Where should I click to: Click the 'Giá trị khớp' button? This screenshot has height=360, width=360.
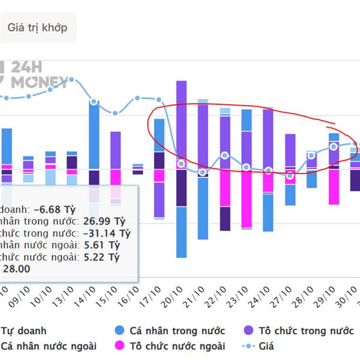[x=37, y=28]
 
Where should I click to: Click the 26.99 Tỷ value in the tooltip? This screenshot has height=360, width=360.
[x=104, y=221]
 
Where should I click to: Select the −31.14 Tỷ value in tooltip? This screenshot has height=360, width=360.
[x=107, y=233]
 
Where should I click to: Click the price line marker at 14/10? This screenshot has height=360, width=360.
[x=94, y=102]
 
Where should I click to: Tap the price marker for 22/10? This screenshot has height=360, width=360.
[x=224, y=155]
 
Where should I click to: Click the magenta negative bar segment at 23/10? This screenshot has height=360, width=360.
[x=247, y=198]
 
